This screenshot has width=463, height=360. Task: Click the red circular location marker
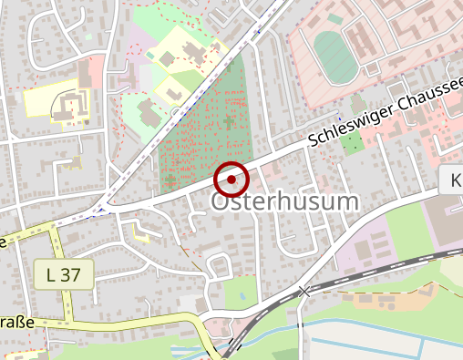[x=231, y=180]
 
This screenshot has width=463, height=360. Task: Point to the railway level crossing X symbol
[x=304, y=291]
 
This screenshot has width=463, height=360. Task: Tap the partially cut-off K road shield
[x=453, y=180]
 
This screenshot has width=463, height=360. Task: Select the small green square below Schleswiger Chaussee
[x=350, y=141]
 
